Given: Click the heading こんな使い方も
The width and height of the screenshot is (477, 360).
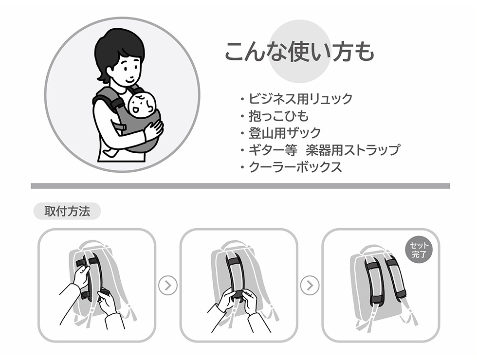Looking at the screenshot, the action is (x=299, y=52).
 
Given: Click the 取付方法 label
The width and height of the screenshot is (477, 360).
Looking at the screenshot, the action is (x=67, y=211).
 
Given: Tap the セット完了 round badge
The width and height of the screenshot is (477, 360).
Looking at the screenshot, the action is (x=419, y=250).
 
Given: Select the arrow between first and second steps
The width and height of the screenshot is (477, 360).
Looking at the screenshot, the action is (x=167, y=285).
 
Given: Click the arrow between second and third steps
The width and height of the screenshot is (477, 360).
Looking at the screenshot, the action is (x=310, y=285).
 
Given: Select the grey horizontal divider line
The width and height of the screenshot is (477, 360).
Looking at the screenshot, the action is (x=240, y=186).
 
